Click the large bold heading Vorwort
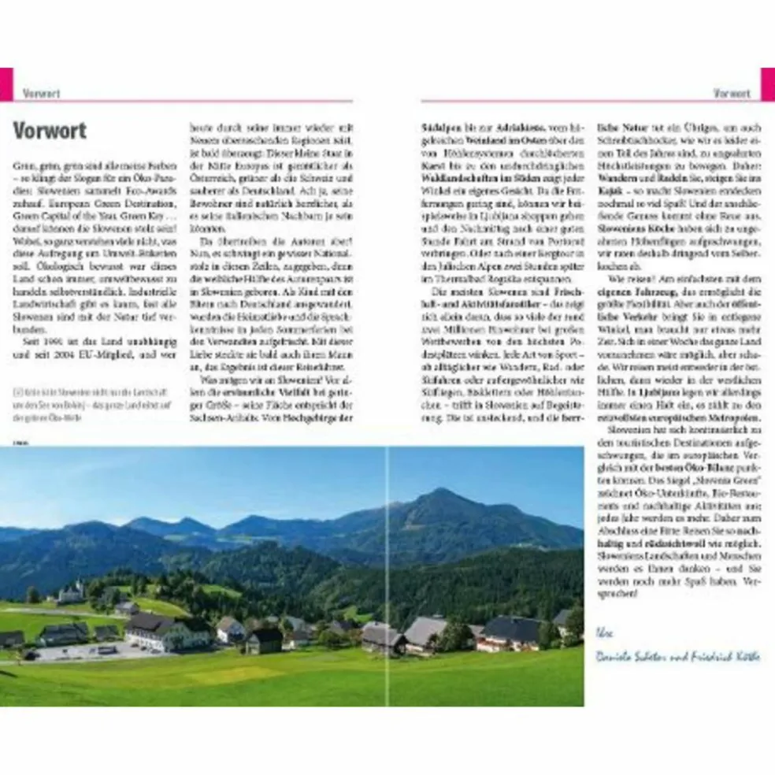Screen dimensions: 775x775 coord(50,130)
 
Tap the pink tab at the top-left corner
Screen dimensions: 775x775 coord(6,84)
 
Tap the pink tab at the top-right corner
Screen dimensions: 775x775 coord(767,84)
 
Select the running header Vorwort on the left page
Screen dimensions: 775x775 coord(42,93)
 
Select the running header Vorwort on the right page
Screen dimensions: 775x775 coord(732,93)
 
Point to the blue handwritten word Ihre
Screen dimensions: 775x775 coord(605,632)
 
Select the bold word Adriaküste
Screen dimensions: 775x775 coord(507,125)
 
